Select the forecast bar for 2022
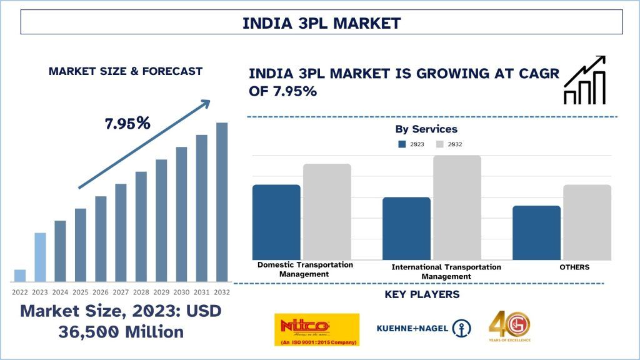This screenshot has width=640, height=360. tap(20, 276)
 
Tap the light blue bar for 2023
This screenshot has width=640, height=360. tap(40, 257)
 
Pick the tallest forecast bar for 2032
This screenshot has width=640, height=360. tap(222, 202)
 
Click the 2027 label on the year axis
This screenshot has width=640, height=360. tap(121, 292)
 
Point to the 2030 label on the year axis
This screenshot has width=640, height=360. tap(181, 292)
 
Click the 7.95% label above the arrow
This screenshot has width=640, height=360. tap(127, 123)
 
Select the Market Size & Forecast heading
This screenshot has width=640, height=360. tap(126, 71)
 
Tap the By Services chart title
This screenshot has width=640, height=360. tap(426, 129)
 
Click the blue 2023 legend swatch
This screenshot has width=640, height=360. tap(402, 144)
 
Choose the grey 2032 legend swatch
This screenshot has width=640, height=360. tap(439, 144)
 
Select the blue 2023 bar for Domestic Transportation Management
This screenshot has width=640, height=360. tap(276, 222)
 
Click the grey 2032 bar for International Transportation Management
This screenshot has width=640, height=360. tap(457, 207)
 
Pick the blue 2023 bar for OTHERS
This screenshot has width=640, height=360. tap(536, 232)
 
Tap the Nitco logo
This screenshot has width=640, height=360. tap(317, 329)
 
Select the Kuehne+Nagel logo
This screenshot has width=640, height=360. tap(424, 328)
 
